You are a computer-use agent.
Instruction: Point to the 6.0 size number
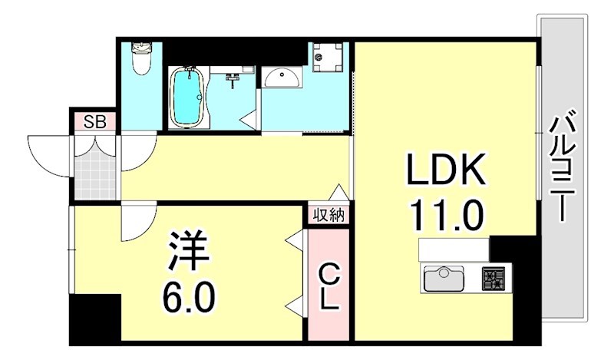tap(186, 295)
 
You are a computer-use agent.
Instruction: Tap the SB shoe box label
tap(95, 121)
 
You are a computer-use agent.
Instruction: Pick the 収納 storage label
tap(328, 215)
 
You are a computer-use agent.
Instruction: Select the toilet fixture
tap(141, 59)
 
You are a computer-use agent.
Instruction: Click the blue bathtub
tap(186, 97)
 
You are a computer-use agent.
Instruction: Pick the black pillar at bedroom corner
tap(94, 317)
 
